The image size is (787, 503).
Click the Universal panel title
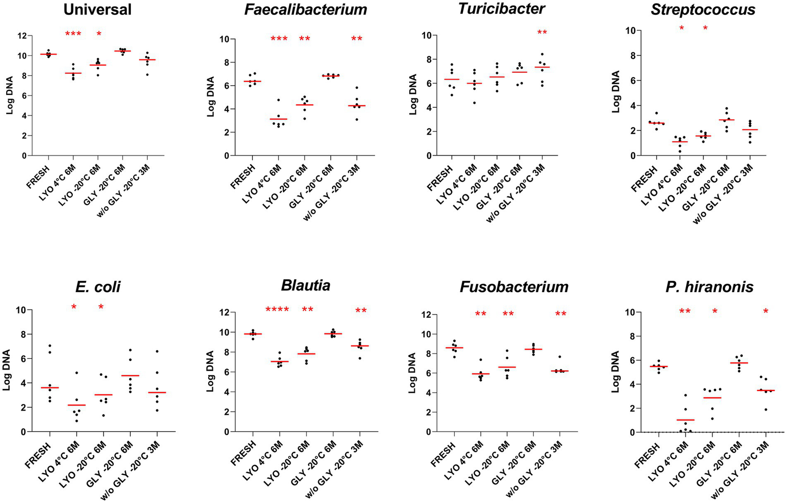click(x=97, y=10)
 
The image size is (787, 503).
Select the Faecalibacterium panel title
click(x=305, y=10)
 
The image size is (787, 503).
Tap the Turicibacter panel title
click(x=502, y=9)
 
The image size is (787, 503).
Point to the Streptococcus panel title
click(x=703, y=10)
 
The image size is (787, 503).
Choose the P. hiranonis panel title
click(x=710, y=287)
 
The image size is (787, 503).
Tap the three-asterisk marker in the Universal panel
click(x=73, y=34)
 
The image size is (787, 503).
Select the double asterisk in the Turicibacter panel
click(x=542, y=33)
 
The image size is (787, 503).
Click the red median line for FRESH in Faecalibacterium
click(x=252, y=81)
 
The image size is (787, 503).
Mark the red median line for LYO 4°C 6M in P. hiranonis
click(x=685, y=420)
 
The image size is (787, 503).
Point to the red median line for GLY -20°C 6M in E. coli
click(x=130, y=376)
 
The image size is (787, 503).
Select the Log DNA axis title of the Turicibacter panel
click(x=413, y=95)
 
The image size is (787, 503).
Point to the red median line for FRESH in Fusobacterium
click(x=454, y=348)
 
